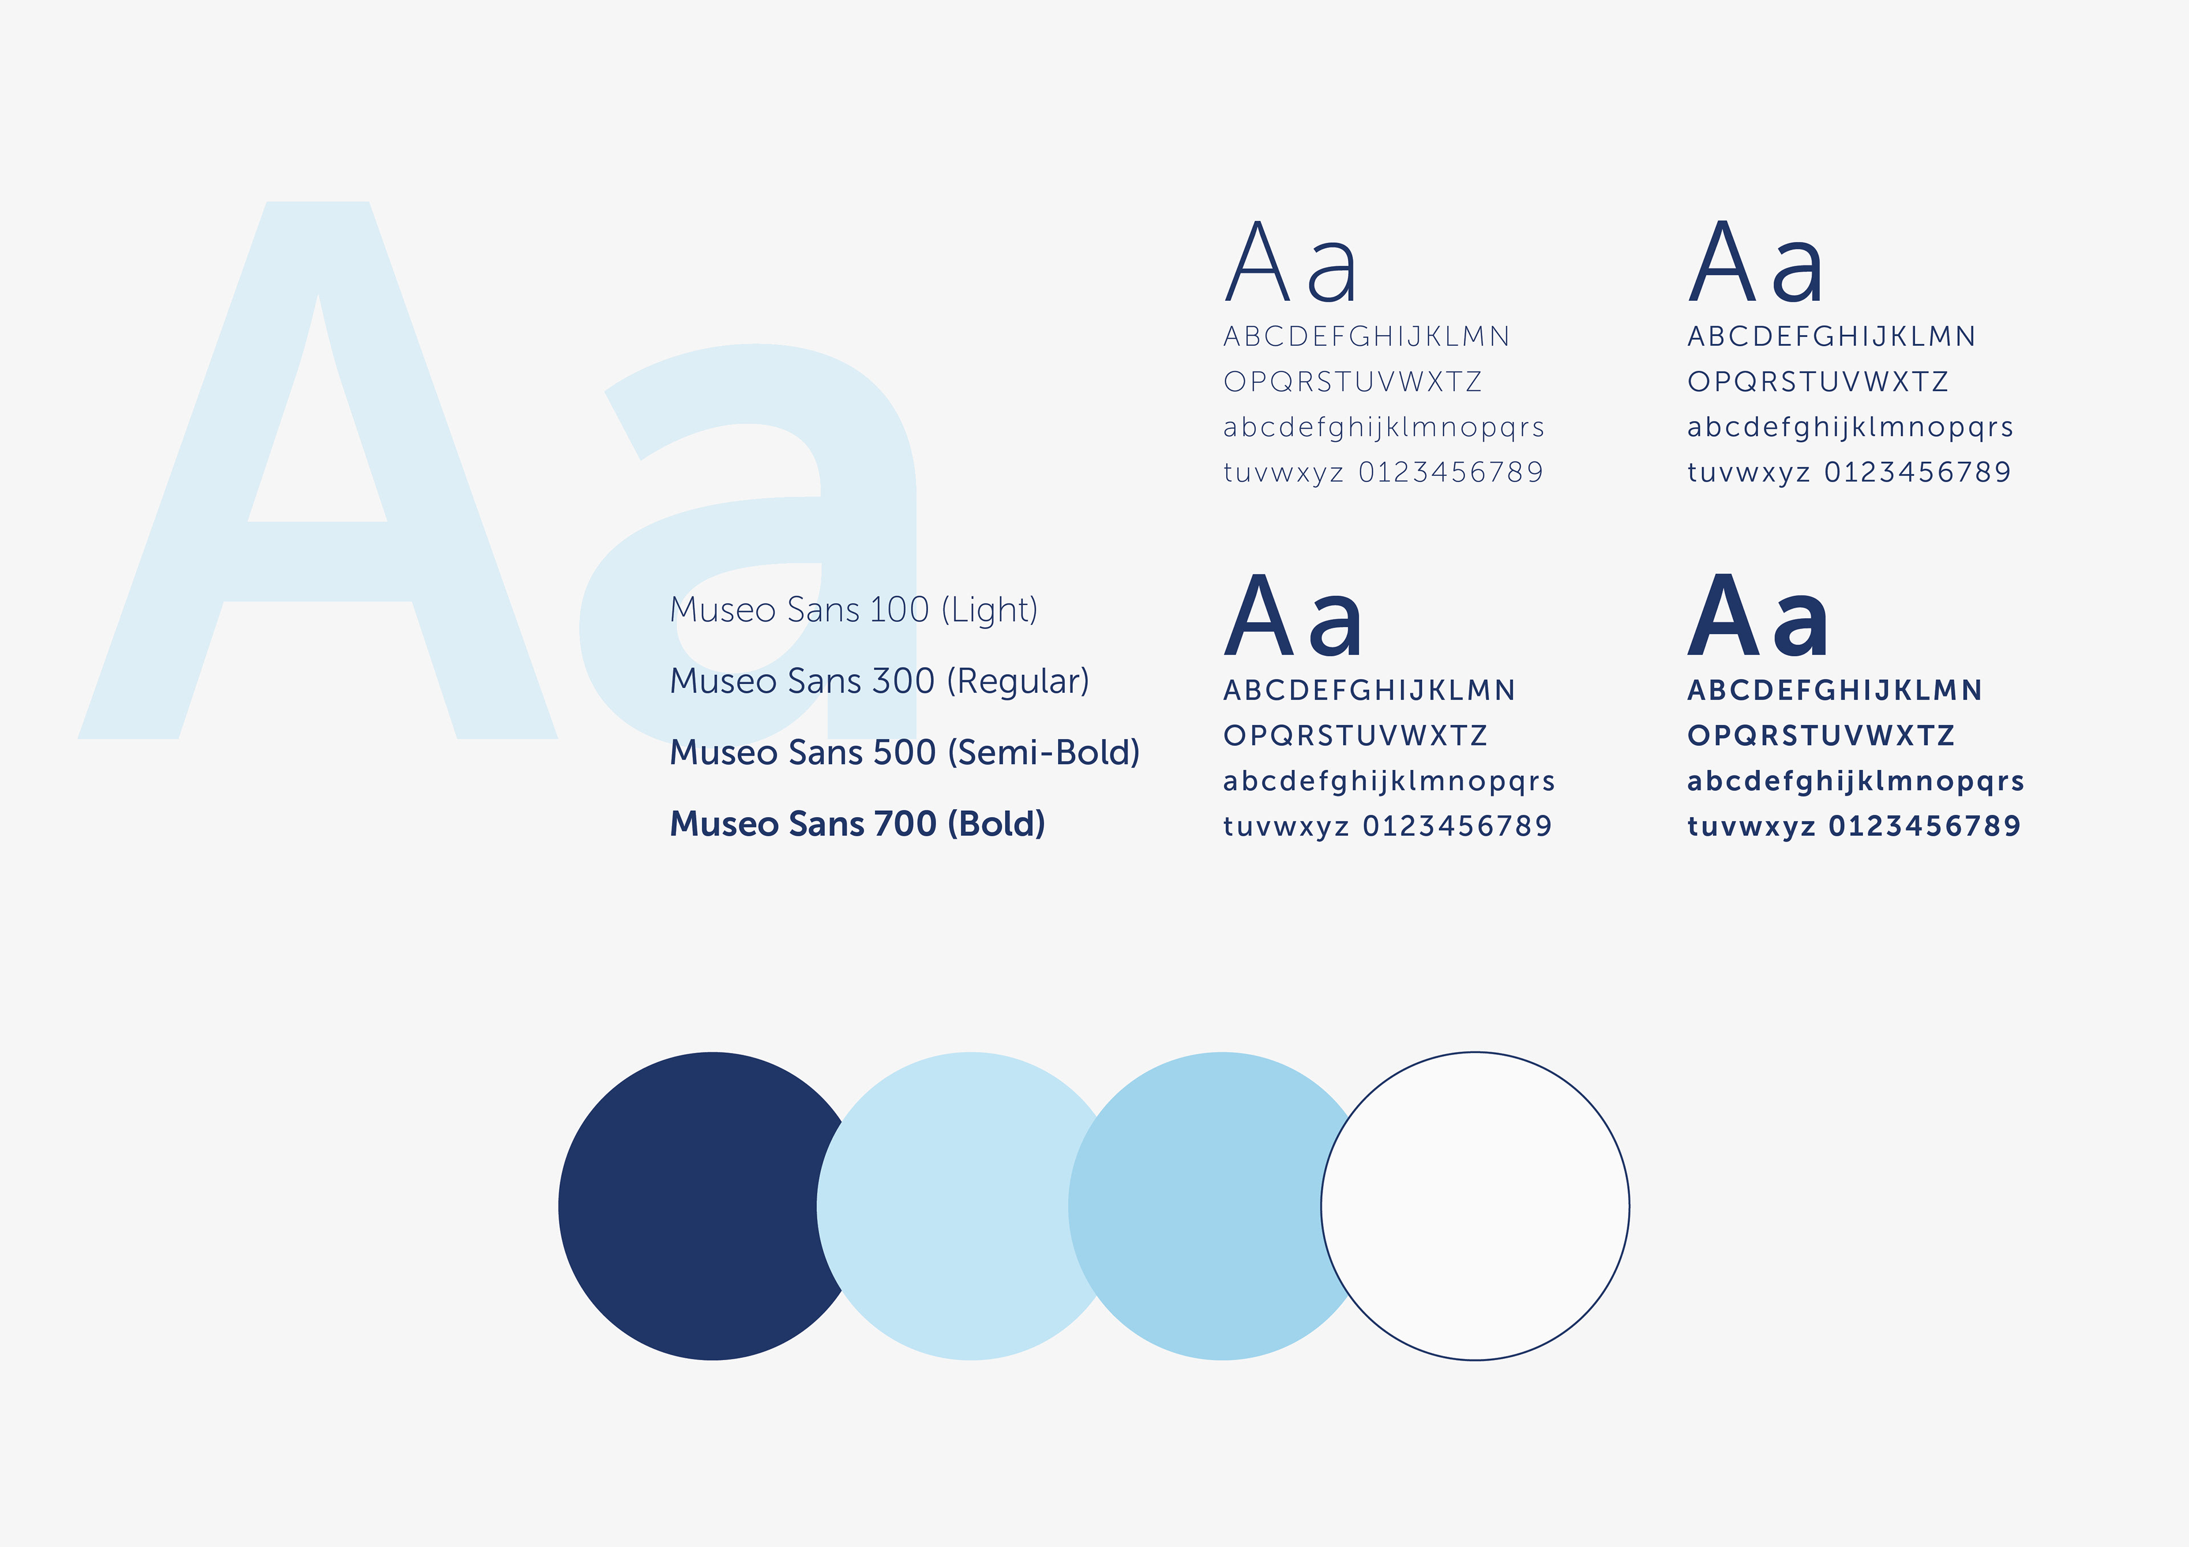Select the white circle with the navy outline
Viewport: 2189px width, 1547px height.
[1475, 1206]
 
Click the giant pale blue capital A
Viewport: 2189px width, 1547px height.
[318, 470]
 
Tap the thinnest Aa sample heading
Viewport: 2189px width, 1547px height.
[1290, 261]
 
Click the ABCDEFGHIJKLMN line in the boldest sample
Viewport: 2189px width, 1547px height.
[1834, 690]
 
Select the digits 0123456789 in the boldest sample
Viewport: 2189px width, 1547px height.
[1924, 826]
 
